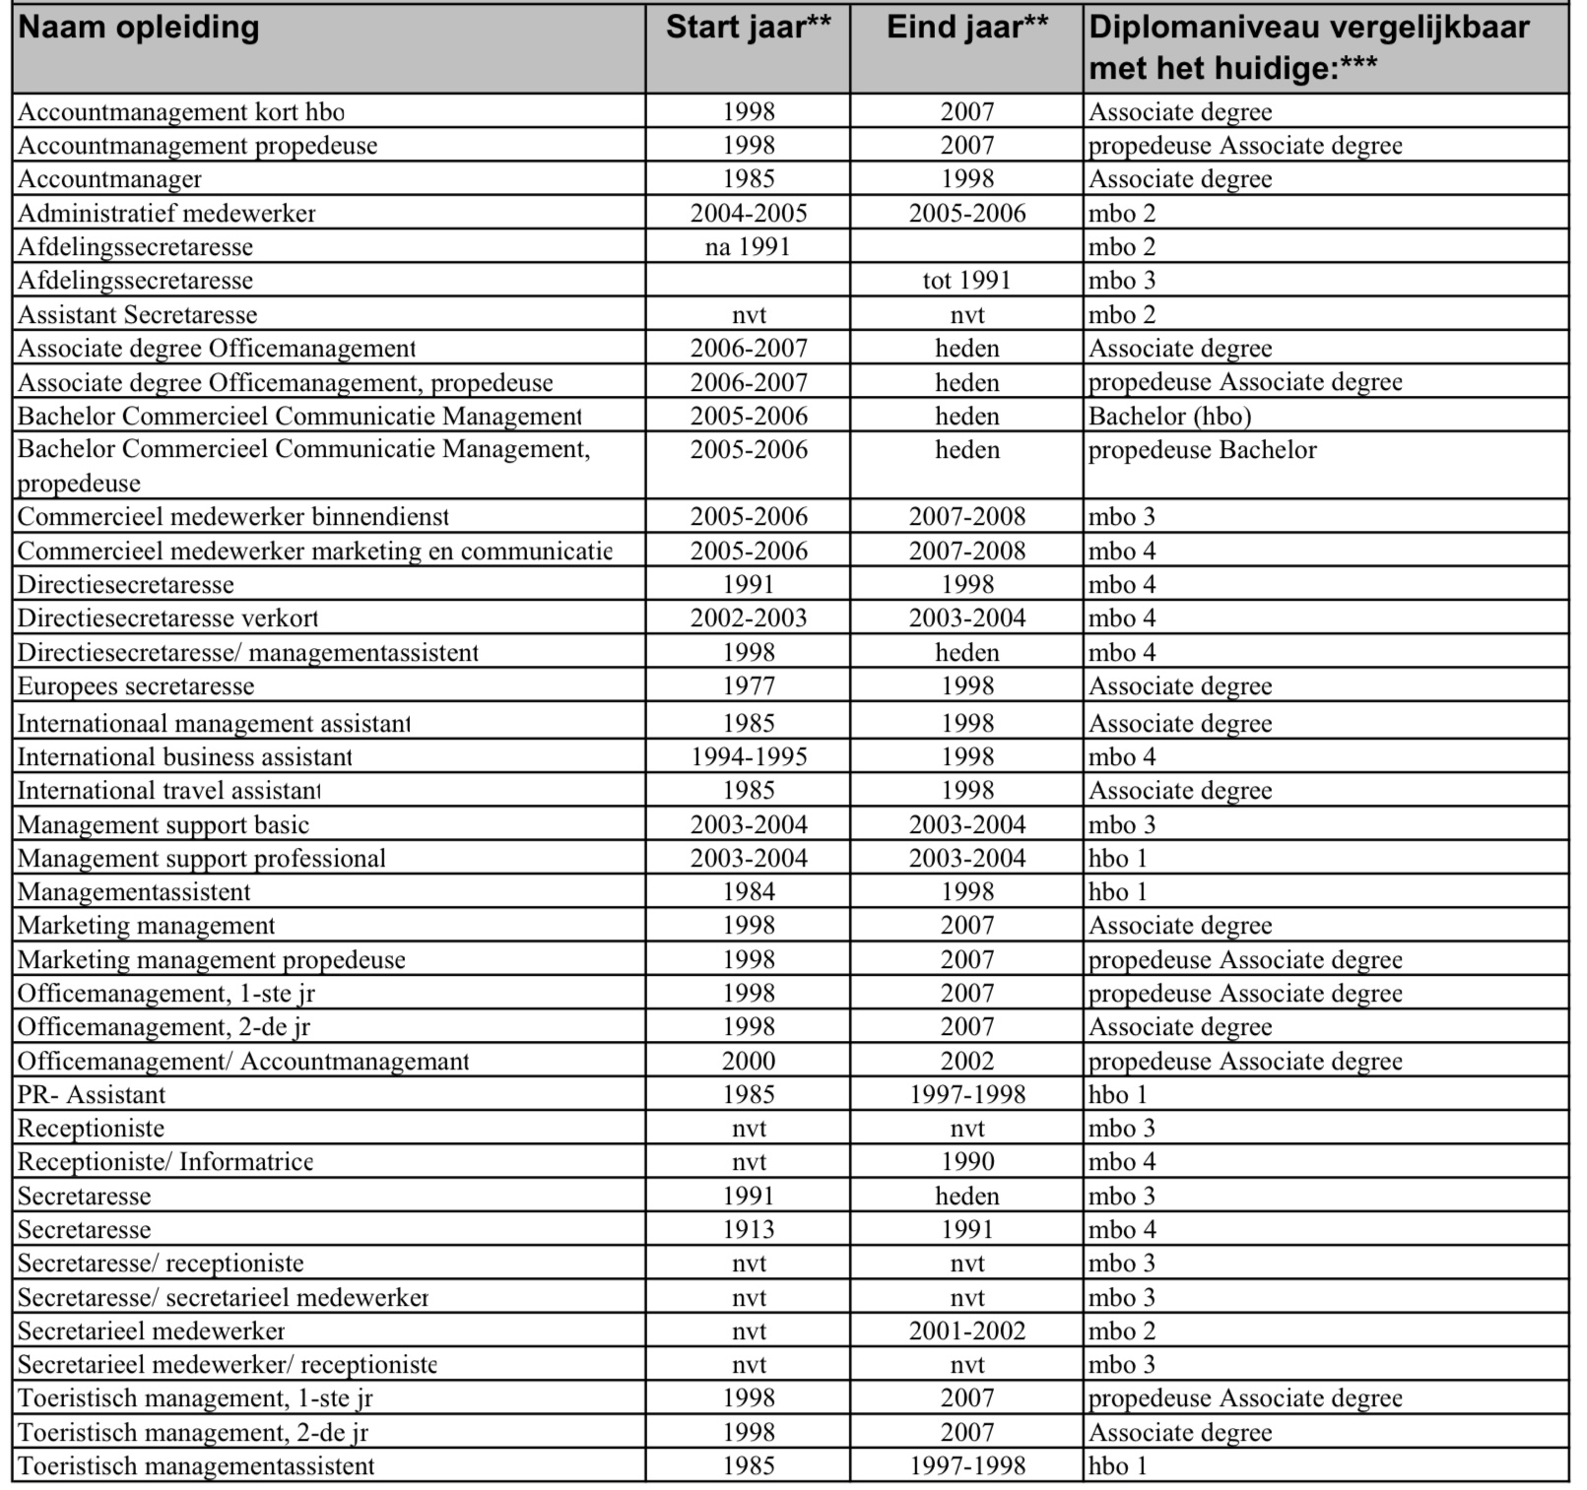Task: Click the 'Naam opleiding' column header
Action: [x=139, y=28]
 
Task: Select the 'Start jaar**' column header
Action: [x=748, y=28]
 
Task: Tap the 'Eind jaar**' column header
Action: [x=966, y=28]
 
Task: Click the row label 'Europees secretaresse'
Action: [x=136, y=686]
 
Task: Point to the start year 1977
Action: [x=748, y=686]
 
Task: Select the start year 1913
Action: [x=748, y=1230]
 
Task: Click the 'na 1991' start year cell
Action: [x=748, y=247]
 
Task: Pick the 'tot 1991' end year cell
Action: [x=966, y=281]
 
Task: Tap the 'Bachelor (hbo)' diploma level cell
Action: [x=1169, y=417]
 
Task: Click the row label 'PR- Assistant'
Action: [x=92, y=1095]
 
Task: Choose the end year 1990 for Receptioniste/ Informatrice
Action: [x=966, y=1162]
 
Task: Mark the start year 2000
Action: [x=748, y=1062]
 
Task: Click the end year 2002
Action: [x=966, y=1062]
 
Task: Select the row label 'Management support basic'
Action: [x=164, y=825]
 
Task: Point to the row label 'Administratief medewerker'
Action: [x=166, y=214]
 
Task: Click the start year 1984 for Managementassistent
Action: [x=748, y=892]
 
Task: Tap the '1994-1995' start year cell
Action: [x=748, y=757]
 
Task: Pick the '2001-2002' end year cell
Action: [x=966, y=1331]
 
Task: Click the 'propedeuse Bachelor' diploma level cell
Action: [x=1202, y=450]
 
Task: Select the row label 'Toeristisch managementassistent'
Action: [x=196, y=1466]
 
